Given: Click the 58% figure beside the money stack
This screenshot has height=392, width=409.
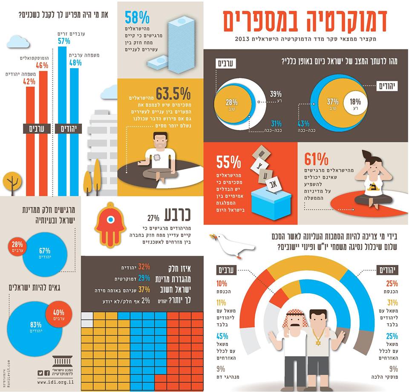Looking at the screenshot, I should tap(137, 18).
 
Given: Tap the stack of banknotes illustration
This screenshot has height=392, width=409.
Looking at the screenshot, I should tap(173, 43).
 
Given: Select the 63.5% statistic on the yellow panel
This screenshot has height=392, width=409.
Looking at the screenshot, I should tap(173, 93).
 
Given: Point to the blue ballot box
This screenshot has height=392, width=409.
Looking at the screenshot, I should tap(271, 204).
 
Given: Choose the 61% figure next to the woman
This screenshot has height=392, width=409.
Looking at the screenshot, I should tap(316, 159).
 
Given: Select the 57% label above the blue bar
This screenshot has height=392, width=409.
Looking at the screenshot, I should tap(64, 41).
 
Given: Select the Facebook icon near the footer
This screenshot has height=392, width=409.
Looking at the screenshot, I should tap(47, 372).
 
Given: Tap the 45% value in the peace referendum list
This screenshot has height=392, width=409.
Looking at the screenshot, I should tap(222, 336).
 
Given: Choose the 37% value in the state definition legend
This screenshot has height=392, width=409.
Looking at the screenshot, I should tap(144, 290).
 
